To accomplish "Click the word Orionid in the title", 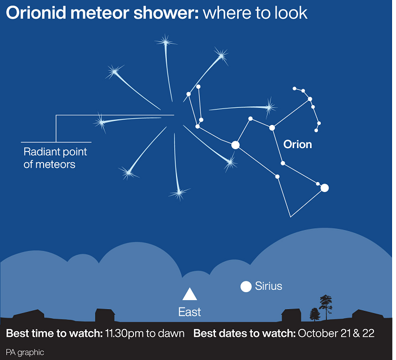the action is (36, 13).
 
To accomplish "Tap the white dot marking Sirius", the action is (246, 287).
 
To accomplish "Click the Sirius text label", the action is (269, 286).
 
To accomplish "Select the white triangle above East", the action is (190, 294).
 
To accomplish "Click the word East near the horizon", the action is (190, 312).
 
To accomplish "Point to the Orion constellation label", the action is (298, 145).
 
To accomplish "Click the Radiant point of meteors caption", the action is (55, 158).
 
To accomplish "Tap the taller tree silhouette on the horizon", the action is (326, 307).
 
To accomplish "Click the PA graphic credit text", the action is (25, 352).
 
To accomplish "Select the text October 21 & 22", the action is (336, 333).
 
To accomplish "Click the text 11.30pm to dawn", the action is (145, 333).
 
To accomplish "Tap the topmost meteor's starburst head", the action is (166, 42).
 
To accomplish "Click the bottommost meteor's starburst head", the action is (179, 193).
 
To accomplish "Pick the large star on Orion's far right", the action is (325, 188).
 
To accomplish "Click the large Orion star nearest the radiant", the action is (235, 145).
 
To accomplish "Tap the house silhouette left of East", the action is (105, 315).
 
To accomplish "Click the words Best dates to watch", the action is (244, 333).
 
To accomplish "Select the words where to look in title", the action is (255, 13).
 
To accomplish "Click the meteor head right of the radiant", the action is (269, 108).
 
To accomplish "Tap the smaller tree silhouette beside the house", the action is (315, 314).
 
